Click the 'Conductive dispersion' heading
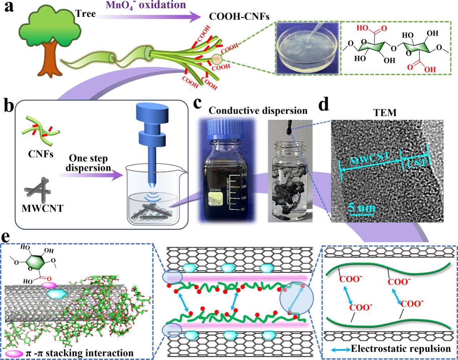point(258,110)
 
